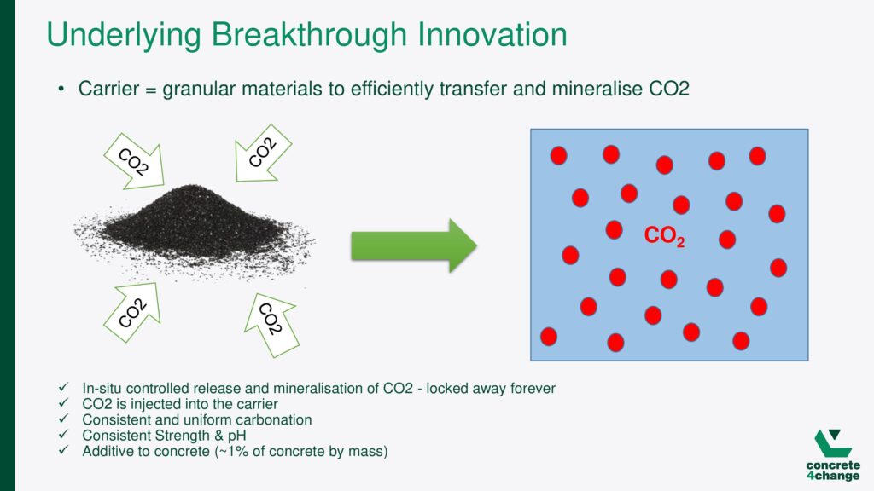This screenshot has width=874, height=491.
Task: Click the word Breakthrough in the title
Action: click(309, 35)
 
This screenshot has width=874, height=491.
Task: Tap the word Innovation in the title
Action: click(492, 34)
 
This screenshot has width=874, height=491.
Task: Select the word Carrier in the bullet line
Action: click(108, 89)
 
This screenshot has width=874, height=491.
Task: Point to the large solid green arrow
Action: click(414, 245)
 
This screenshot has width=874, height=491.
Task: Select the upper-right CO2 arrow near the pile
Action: click(263, 153)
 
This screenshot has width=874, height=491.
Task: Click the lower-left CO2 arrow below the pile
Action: click(133, 312)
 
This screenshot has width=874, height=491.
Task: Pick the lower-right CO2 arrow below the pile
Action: click(271, 325)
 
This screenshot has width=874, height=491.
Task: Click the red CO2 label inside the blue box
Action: click(664, 236)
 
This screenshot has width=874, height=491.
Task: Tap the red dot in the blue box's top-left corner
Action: click(558, 155)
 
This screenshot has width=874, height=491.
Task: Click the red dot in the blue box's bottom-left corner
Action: click(549, 336)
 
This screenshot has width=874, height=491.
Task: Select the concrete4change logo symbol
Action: click(833, 443)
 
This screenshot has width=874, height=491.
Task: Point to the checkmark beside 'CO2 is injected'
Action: click(63, 402)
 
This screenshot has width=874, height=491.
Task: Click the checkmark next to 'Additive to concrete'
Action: click(63, 450)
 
